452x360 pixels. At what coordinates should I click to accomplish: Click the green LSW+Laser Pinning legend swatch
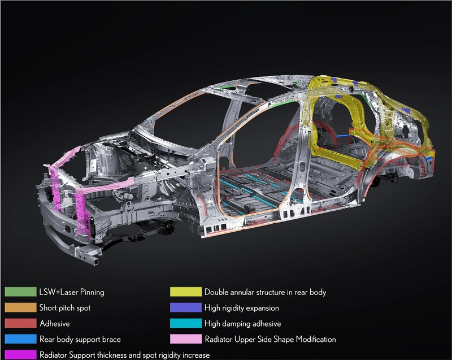click(x=20, y=292)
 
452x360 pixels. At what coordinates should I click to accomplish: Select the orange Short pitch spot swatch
click(x=20, y=307)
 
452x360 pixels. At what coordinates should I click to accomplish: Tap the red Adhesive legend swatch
click(x=20, y=323)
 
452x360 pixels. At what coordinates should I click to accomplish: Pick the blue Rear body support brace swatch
click(x=20, y=339)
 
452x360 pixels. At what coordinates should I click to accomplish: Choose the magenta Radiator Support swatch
click(x=20, y=354)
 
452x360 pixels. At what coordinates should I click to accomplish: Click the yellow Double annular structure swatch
click(x=186, y=292)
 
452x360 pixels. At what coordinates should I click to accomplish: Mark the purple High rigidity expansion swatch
click(x=186, y=307)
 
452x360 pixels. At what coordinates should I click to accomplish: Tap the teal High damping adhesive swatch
click(x=186, y=323)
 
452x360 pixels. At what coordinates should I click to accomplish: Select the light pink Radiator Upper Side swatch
click(x=186, y=339)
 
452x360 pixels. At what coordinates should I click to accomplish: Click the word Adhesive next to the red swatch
click(x=55, y=323)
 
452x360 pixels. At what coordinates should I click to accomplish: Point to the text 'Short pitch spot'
click(x=65, y=308)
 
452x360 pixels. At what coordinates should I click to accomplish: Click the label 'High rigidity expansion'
click(x=242, y=308)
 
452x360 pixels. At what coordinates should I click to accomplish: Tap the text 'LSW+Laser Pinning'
click(x=72, y=292)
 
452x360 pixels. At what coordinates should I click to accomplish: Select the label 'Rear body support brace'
click(x=80, y=339)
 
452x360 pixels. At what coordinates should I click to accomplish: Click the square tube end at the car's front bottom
click(x=94, y=261)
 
